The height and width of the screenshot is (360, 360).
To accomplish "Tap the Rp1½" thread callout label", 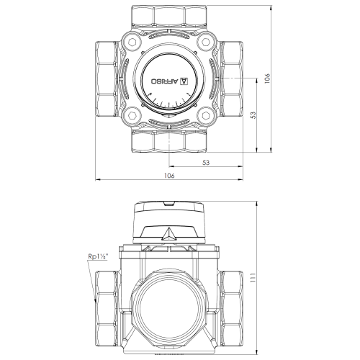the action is click(99, 257).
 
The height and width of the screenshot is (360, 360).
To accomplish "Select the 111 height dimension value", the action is click(253, 277).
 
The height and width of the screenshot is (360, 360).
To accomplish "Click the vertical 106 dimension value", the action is click(267, 78).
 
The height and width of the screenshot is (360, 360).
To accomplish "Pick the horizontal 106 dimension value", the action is click(169, 176).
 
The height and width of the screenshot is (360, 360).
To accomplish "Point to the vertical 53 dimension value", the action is click(253, 115).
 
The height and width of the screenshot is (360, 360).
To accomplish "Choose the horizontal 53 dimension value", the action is click(206, 163).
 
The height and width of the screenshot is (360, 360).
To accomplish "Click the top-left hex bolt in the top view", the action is click(132, 42).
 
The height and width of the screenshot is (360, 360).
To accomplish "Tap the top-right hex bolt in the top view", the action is click(206, 42).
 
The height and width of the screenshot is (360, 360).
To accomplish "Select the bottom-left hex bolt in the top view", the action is click(132, 116).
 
